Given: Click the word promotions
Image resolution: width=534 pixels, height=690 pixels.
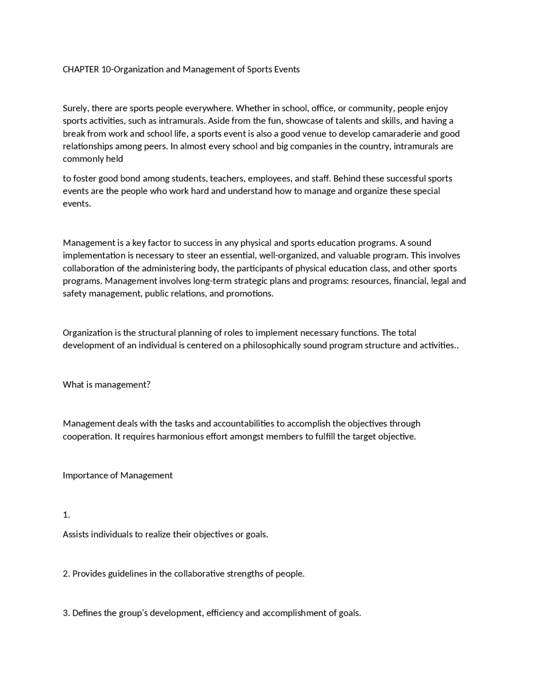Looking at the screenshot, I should pos(249,294).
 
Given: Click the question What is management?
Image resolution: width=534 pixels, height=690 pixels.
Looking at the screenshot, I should pos(106,385).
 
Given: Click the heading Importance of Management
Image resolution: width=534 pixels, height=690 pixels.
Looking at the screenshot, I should pos(118,475).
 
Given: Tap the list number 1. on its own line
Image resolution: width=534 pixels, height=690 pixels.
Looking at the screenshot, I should pos(66,515).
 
